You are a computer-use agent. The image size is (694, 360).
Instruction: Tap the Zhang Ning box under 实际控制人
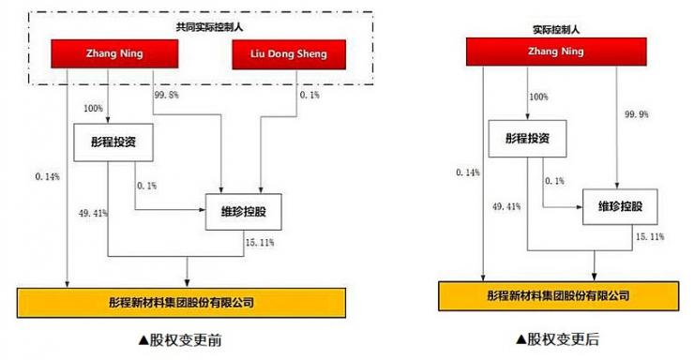pos(539,54)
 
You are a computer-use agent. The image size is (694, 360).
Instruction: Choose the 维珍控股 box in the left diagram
pos(241,212)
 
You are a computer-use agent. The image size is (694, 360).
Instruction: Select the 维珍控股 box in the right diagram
pos(618,207)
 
